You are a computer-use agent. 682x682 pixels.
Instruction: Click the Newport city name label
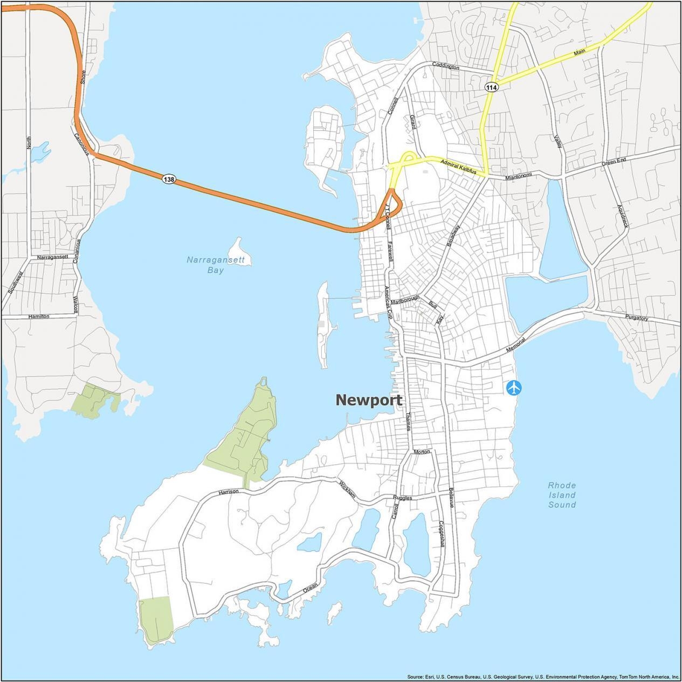369,400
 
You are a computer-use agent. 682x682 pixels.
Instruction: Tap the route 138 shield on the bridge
169,179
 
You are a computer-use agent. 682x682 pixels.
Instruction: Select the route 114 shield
491,87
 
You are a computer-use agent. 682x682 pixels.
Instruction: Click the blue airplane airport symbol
514,387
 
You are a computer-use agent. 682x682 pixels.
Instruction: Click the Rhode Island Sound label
562,495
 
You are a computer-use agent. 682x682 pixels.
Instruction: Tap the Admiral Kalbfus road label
459,166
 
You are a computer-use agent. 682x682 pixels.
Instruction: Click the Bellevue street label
451,498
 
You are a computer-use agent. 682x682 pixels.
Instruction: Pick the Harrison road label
229,492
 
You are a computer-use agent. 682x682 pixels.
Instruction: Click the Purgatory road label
637,318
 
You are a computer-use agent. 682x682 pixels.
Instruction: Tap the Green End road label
614,161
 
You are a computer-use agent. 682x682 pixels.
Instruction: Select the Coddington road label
446,67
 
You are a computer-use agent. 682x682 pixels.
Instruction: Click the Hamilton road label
38,316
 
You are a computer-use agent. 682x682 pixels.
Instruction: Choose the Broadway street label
453,236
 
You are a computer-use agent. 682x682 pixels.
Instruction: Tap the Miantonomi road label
519,176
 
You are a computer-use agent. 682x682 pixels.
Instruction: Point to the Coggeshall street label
441,534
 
